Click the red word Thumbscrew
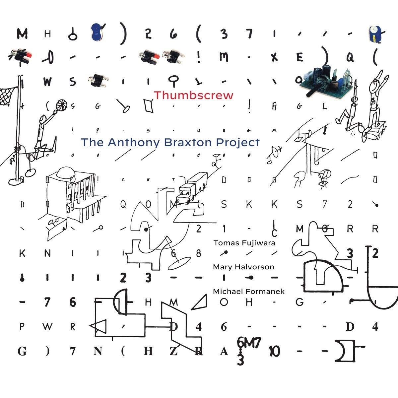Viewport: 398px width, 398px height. (193, 96)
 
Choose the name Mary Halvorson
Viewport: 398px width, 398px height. (243, 267)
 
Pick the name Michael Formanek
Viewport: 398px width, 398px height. (249, 291)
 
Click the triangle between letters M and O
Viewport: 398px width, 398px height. (199, 302)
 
